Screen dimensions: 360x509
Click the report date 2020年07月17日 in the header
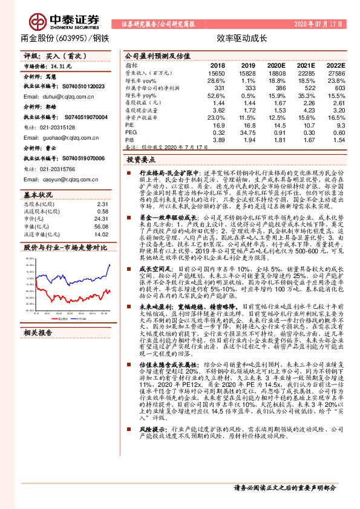[x=319, y=24]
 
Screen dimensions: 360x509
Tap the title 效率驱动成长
[x=233, y=37]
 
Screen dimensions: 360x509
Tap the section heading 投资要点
[x=141, y=160]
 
